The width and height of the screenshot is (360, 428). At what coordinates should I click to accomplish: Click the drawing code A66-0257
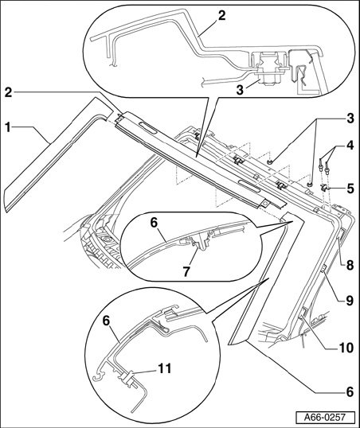tap(325, 418)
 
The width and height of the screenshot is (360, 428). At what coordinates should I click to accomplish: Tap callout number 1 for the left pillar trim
tap(8, 127)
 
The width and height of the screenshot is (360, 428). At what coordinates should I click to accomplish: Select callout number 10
tap(345, 348)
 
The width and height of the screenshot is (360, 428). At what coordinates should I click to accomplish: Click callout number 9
tap(350, 301)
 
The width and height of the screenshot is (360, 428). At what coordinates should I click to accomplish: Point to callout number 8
tap(350, 265)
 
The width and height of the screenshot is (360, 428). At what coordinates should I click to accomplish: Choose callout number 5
tap(350, 189)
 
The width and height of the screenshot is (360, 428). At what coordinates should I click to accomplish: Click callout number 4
tap(350, 145)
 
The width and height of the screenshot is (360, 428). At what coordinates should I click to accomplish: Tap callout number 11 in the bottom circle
tap(164, 368)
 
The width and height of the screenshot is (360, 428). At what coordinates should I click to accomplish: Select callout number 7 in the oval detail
tap(186, 271)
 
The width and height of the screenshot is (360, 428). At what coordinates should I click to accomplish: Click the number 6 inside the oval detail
tap(154, 223)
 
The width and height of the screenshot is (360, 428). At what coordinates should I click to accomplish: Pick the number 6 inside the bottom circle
tap(106, 321)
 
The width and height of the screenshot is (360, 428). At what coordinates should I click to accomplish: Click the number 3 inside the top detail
tap(240, 90)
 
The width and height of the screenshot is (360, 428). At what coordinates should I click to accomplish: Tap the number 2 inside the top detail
tap(221, 16)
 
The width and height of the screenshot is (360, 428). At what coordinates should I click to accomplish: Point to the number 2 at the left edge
tap(8, 92)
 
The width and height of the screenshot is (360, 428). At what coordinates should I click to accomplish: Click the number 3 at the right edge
tap(350, 119)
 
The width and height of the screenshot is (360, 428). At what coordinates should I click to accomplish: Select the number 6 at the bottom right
tap(350, 392)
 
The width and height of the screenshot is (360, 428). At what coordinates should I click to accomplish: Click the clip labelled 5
tap(325, 188)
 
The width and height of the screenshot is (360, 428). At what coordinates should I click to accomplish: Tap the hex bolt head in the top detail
tap(265, 80)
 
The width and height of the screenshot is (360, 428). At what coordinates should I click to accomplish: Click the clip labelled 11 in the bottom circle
tap(128, 379)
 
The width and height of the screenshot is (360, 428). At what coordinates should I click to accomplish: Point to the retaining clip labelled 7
tap(201, 243)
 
